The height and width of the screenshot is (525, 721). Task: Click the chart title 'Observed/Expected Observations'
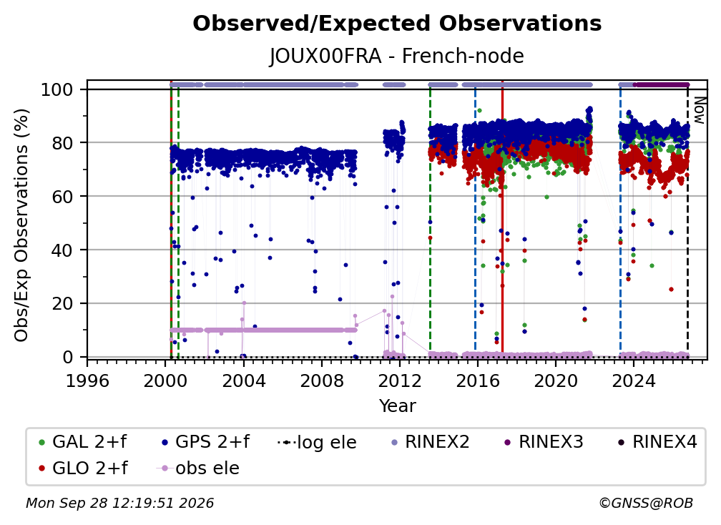tap(397, 24)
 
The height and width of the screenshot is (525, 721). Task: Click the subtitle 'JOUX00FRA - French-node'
tap(397, 56)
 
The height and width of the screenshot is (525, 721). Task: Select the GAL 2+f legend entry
tap(83, 442)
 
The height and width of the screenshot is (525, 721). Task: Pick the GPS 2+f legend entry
tap(205, 442)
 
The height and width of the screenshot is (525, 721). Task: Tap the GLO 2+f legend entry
tap(83, 468)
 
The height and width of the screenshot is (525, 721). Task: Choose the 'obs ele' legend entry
tap(198, 468)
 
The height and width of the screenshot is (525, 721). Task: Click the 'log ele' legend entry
tap(318, 442)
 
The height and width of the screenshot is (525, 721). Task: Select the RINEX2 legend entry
tap(430, 442)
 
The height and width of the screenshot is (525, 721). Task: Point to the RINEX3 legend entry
tap(544, 442)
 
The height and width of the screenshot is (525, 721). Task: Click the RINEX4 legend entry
tap(657, 442)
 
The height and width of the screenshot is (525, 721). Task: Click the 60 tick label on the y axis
tap(62, 197)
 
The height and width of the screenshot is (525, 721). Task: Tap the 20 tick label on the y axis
tap(62, 304)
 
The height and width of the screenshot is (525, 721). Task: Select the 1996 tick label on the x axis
tap(87, 381)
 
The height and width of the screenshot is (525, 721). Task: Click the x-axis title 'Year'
tap(397, 406)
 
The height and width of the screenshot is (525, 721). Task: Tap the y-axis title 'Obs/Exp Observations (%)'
tap(21, 225)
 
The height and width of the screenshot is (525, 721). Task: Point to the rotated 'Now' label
tap(699, 110)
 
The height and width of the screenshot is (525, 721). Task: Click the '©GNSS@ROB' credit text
tap(646, 504)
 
